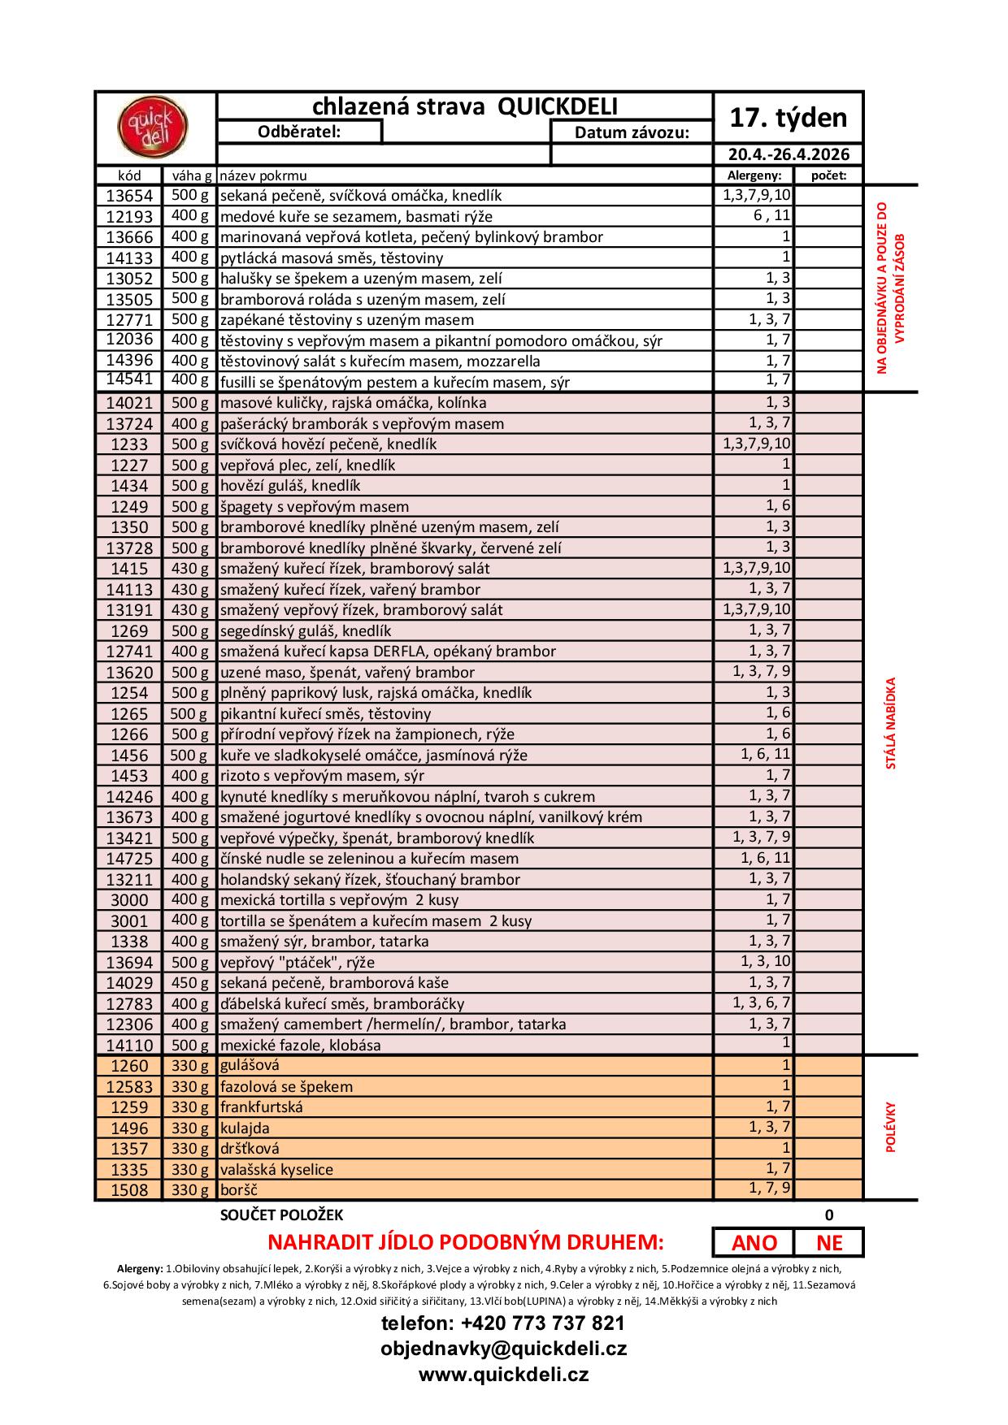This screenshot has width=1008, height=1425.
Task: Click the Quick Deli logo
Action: point(154,128)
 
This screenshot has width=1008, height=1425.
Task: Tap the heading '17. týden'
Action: point(788,118)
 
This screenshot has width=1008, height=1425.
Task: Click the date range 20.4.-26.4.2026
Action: point(788,154)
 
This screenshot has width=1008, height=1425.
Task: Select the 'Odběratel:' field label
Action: point(299,132)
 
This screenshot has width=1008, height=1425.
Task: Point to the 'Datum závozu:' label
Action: point(632,132)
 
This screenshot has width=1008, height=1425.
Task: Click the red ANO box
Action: point(754,1242)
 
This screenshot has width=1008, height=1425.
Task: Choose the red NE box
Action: point(829,1242)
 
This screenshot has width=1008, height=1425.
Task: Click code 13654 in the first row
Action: point(129,196)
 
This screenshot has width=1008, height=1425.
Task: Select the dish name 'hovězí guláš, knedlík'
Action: point(290,486)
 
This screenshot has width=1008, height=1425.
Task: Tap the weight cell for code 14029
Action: point(189,983)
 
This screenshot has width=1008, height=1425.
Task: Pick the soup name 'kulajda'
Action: point(245,1128)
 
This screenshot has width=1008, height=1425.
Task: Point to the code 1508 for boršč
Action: point(129,1190)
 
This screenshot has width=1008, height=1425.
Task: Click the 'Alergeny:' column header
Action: point(754,175)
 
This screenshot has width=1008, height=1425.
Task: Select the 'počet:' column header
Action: point(828,175)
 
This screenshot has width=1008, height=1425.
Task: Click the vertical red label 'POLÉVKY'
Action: point(890,1127)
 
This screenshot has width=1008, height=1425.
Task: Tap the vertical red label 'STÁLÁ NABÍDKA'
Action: point(890,723)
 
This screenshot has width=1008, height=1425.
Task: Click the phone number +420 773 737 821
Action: point(503,1323)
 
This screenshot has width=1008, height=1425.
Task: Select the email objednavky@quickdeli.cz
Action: point(503,1349)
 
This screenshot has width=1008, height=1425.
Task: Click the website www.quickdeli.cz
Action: point(503,1375)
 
